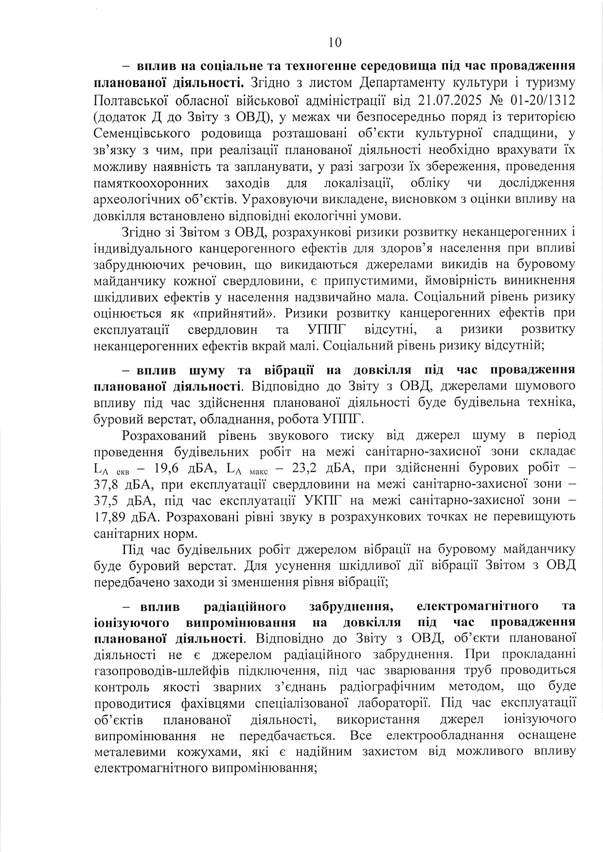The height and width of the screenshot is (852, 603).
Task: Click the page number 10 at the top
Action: (335, 43)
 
